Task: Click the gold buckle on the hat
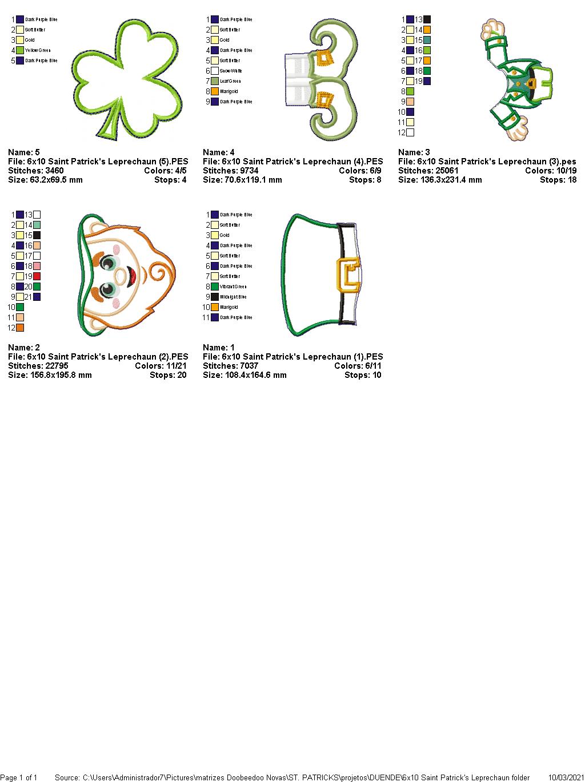point(347,275)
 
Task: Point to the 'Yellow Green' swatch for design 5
point(20,50)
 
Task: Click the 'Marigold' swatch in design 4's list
point(215,91)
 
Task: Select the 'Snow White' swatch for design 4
point(215,71)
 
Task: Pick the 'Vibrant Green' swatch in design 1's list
point(215,287)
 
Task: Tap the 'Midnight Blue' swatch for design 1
point(215,297)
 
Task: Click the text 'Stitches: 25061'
point(428,171)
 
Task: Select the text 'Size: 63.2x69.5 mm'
point(45,180)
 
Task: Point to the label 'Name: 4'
point(219,152)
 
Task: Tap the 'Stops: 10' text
point(363,375)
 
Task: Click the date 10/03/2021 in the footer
point(566,777)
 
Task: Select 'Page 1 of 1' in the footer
point(19,777)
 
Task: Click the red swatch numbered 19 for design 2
point(37,276)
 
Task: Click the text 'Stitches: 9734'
point(230,171)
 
